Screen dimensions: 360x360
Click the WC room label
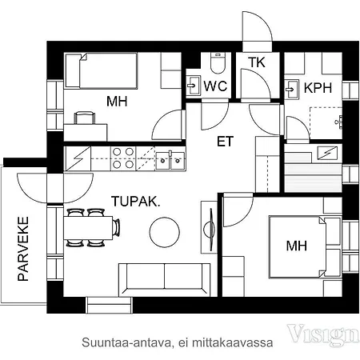tap(215, 86)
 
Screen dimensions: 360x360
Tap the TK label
tap(257, 62)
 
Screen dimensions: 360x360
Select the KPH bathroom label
tap(318, 88)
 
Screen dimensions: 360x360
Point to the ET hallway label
tap(226, 142)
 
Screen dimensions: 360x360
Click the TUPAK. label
tap(135, 202)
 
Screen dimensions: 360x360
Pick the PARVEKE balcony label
tap(23, 249)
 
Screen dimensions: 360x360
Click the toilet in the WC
tap(218, 62)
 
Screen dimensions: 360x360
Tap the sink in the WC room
tap(193, 86)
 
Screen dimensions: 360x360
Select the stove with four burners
tap(123, 158)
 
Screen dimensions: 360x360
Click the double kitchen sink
tap(170, 161)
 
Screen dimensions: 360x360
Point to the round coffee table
tap(165, 232)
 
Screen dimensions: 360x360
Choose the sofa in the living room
tap(164, 279)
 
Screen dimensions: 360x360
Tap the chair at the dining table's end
tap(117, 228)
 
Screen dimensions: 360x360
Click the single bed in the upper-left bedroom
tap(102, 71)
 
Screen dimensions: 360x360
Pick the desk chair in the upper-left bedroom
tap(85, 118)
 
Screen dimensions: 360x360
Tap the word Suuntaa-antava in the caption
tap(126, 342)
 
